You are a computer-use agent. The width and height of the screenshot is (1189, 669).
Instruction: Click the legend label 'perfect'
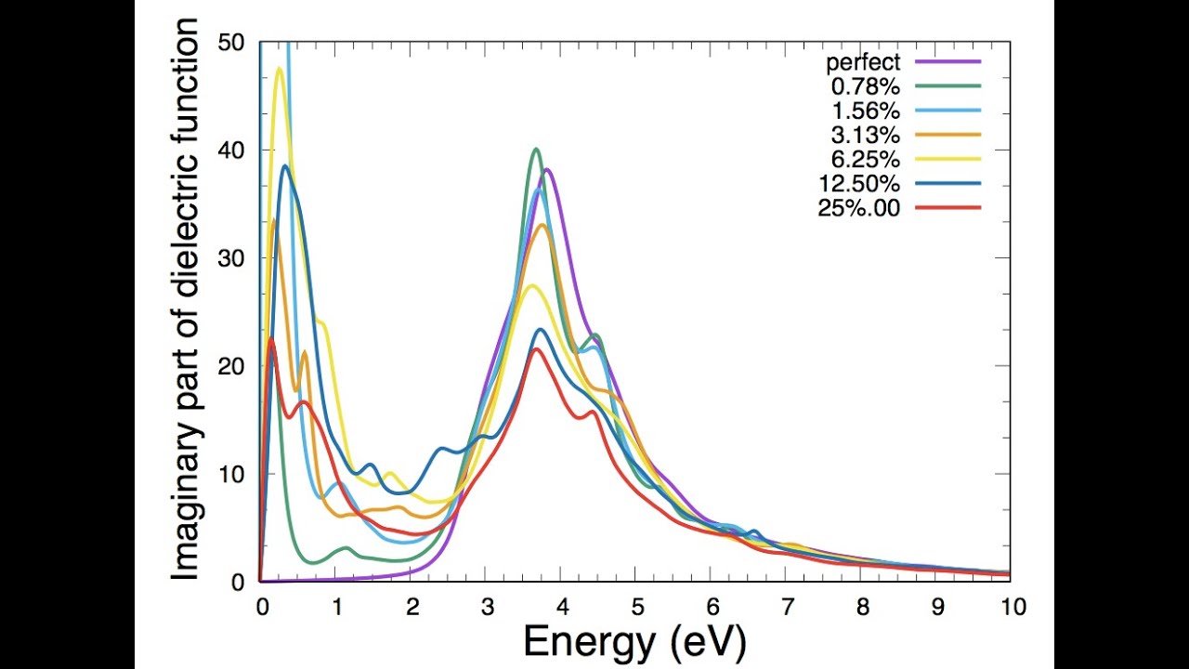click(863, 63)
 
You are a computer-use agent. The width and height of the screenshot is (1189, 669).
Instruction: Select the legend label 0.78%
click(865, 87)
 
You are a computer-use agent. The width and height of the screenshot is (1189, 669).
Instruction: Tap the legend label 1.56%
click(865, 111)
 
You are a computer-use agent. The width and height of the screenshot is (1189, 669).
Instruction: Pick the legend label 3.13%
click(865, 136)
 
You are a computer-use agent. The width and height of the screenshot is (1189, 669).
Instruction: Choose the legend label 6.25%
click(865, 160)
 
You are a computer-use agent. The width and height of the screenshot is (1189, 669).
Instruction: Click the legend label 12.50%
click(859, 184)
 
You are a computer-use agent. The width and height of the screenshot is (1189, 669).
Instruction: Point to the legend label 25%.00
click(859, 208)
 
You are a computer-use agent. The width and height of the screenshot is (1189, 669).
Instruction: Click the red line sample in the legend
click(947, 208)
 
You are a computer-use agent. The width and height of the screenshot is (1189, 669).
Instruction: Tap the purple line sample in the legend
click(947, 62)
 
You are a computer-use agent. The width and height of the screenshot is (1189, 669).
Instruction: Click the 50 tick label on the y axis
click(231, 43)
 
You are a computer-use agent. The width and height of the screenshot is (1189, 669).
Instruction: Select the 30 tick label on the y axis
click(231, 258)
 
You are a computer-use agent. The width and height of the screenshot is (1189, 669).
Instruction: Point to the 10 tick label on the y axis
click(231, 475)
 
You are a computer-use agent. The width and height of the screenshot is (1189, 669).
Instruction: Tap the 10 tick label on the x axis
click(1013, 607)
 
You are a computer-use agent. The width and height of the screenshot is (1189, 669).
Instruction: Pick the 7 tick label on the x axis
click(787, 607)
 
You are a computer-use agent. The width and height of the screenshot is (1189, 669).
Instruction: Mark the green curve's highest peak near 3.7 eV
click(536, 150)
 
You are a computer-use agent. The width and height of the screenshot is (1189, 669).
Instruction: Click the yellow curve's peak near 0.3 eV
click(280, 68)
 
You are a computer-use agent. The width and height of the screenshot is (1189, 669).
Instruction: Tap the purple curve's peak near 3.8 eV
click(548, 170)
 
